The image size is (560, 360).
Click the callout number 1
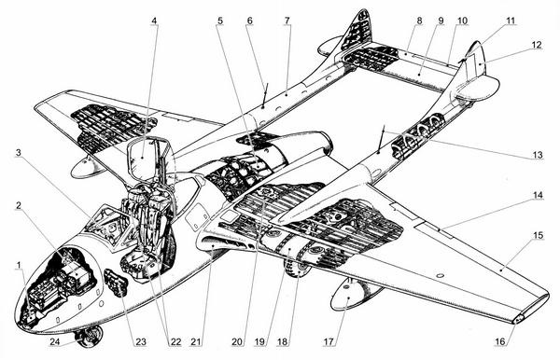(x=20, y=264)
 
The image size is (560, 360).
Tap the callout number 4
(x=154, y=21)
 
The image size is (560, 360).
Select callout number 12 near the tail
(x=537, y=45)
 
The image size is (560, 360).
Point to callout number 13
(x=538, y=155)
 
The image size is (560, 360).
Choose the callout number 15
(x=539, y=235)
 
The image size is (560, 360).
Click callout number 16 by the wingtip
(x=500, y=341)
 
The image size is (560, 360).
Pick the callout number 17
(x=329, y=341)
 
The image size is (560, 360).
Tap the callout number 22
(x=175, y=341)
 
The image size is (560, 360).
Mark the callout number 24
(x=55, y=341)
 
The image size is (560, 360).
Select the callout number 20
(x=237, y=341)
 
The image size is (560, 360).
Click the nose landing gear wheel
(x=90, y=336)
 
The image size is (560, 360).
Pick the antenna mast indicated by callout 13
(x=381, y=140)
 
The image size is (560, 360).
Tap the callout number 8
(x=419, y=21)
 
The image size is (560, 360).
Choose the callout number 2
(x=19, y=205)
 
